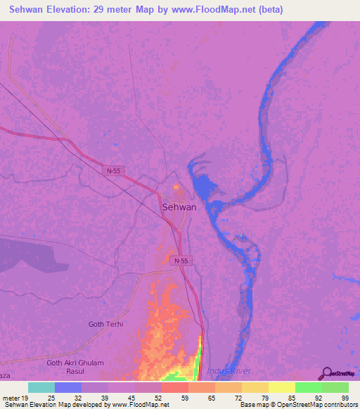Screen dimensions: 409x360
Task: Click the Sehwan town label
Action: click(x=179, y=207)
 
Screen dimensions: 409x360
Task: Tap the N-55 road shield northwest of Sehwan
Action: click(x=113, y=171)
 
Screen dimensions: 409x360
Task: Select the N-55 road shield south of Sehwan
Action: click(x=180, y=261)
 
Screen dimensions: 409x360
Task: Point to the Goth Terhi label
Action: click(x=105, y=324)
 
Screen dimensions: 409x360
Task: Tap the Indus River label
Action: click(x=229, y=370)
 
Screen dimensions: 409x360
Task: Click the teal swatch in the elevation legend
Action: click(x=41, y=387)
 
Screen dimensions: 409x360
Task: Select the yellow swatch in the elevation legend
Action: click(x=281, y=387)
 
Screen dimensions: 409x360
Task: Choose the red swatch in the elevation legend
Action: click(x=175, y=387)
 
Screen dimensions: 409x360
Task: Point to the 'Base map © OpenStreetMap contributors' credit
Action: click(x=297, y=405)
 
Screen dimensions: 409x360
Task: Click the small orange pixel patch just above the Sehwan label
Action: click(x=176, y=188)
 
